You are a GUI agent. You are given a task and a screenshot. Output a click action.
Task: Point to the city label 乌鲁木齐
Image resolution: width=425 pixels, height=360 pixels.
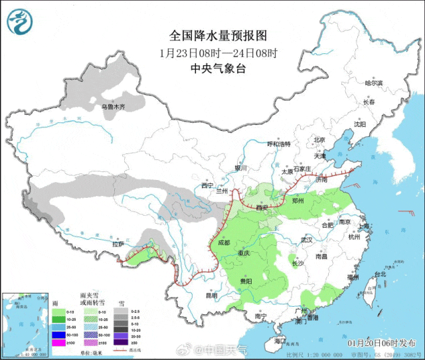(x=113, y=106)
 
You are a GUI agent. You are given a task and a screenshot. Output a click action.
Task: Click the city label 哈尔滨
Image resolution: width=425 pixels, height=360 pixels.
(x=375, y=83)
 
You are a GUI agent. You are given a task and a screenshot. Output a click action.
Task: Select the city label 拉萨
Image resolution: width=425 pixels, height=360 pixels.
(x=118, y=244)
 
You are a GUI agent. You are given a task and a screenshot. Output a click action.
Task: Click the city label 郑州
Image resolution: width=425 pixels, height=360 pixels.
(x=297, y=199)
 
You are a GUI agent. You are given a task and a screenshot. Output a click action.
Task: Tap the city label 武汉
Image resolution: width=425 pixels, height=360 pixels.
(x=305, y=239)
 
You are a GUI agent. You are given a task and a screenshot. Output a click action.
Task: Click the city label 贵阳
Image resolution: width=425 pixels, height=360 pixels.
(x=246, y=281)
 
